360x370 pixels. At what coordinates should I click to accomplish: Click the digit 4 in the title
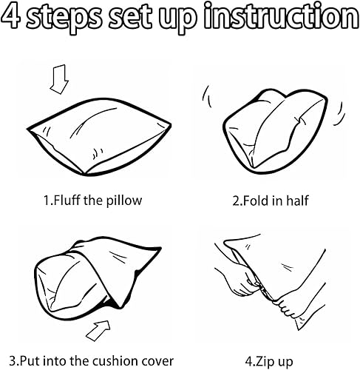[x=10, y=16]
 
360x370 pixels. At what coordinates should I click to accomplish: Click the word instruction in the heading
[x=282, y=16]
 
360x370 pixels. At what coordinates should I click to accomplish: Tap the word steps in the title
[x=64, y=18]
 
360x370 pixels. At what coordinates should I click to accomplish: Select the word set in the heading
[x=130, y=17]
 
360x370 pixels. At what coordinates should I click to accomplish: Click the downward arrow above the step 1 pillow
[x=59, y=79]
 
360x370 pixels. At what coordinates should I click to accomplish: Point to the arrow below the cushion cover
[x=98, y=331]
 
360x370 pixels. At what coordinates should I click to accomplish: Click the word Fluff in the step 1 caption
[x=67, y=200]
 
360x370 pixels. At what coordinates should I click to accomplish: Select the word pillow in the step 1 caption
[x=124, y=201]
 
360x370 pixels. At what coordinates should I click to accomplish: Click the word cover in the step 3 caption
[x=157, y=362]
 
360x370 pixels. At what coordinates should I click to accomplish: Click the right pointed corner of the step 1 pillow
[x=170, y=125]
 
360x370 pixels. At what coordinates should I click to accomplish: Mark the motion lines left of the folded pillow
[x=206, y=96]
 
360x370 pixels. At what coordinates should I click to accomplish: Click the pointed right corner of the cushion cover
[x=160, y=248]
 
